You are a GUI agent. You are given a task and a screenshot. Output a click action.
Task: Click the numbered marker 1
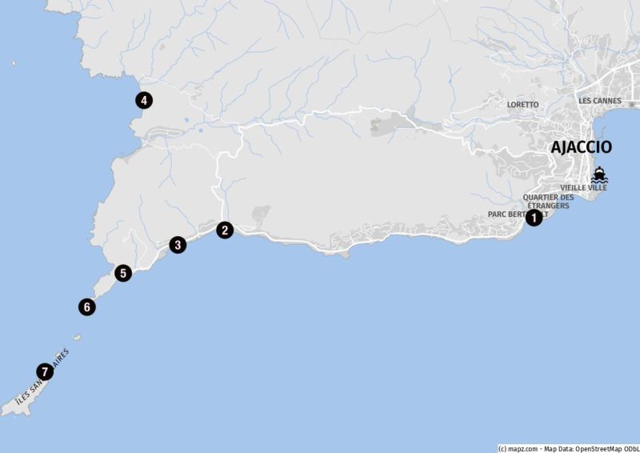(534, 217)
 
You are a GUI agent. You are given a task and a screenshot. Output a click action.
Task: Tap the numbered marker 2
(226, 230)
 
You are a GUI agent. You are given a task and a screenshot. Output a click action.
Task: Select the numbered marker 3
(178, 245)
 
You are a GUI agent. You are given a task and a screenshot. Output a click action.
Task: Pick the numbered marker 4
(143, 100)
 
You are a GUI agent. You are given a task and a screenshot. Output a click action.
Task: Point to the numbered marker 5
(122, 273)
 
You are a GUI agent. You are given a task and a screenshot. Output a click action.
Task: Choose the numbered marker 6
(87, 306)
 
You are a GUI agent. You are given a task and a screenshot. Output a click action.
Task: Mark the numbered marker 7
(44, 371)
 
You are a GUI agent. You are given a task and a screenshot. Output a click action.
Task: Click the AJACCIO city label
(582, 147)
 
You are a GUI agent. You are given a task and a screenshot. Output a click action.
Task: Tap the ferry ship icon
(599, 174)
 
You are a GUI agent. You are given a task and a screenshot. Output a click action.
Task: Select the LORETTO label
(522, 104)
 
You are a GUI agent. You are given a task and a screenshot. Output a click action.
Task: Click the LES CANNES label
(600, 101)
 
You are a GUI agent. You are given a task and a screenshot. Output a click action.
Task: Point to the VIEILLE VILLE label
(583, 187)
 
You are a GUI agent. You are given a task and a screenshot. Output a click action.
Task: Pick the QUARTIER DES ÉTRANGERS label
(548, 202)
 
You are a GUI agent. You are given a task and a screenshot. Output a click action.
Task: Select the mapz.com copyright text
(518, 447)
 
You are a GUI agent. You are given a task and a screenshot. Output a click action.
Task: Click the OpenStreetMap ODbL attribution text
(603, 447)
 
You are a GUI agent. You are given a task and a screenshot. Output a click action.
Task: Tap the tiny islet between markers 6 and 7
(77, 336)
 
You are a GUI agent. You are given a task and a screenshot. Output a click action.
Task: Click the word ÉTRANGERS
(548, 206)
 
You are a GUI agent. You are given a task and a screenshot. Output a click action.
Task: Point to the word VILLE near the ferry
(596, 187)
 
